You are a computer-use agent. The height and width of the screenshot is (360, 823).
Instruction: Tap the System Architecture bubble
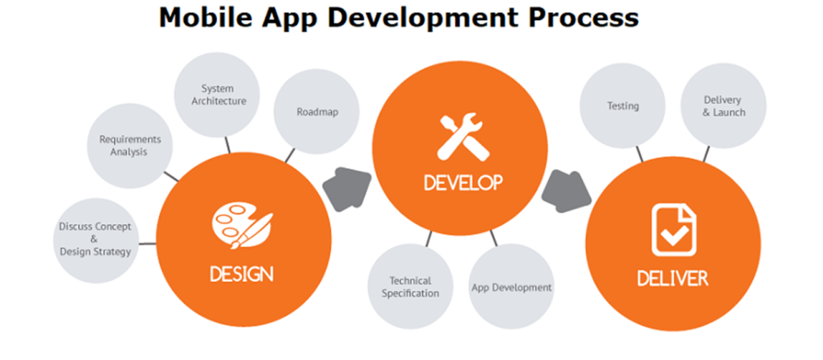217,95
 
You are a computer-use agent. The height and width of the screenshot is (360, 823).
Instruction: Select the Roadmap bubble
317,111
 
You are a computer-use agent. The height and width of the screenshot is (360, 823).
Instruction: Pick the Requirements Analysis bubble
129,145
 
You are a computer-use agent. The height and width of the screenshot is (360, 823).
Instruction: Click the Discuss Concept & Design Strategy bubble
96,240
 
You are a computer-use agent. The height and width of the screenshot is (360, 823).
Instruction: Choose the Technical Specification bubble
411,287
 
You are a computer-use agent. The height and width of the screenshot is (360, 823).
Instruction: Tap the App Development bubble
511,287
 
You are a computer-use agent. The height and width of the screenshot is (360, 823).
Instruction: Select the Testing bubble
623,105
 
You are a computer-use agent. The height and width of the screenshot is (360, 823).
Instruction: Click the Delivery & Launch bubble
723,105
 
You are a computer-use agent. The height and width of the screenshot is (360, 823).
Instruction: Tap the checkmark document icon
674,230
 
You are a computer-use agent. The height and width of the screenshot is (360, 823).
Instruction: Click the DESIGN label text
241,274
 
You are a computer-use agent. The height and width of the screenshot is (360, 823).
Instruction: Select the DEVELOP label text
464,182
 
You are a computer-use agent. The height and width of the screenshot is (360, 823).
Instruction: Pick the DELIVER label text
673,278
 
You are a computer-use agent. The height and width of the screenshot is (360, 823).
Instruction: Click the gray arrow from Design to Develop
347,189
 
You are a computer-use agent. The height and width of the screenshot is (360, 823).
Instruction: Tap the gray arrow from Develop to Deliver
566,191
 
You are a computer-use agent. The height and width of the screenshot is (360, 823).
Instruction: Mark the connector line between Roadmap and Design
289,156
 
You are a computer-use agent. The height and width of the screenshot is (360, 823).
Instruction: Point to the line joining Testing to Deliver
639,154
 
